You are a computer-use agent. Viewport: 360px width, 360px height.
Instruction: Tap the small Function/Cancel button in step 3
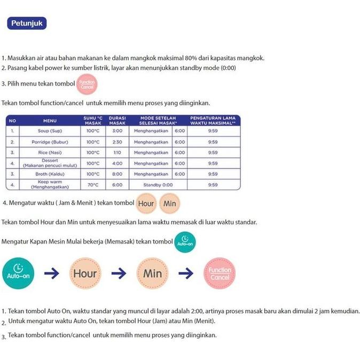point(87,84)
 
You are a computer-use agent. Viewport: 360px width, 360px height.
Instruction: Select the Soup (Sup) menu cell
point(50,131)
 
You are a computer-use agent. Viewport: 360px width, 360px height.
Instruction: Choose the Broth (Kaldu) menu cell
point(50,174)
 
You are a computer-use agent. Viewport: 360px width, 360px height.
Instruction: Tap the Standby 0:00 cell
point(158,185)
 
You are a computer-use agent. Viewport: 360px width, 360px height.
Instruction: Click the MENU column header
point(50,121)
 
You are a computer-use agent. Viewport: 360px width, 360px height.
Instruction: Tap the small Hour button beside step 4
point(146,204)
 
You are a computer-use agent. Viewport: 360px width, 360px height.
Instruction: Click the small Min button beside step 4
point(170,204)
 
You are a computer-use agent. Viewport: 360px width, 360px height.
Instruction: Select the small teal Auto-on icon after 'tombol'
point(185,242)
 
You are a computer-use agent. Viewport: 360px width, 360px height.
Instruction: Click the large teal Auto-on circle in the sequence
point(19,273)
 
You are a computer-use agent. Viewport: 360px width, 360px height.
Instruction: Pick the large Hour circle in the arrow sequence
point(85,273)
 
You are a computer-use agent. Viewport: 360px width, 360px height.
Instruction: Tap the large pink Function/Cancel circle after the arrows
point(219,273)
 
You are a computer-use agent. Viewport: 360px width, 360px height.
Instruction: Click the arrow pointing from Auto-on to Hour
point(52,273)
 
